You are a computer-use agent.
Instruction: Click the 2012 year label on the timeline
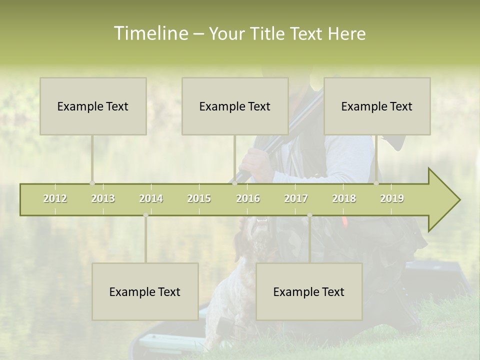tap(55, 198)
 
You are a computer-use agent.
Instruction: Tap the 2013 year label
tap(103, 198)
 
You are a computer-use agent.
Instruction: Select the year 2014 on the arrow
tap(151, 198)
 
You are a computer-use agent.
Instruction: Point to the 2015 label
tap(199, 198)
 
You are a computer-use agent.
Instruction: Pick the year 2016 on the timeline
tap(248, 198)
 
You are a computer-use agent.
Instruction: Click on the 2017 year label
tap(296, 198)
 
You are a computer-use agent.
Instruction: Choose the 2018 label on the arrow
tap(344, 198)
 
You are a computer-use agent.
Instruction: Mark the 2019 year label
tap(392, 198)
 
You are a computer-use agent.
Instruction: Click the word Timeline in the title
tap(150, 33)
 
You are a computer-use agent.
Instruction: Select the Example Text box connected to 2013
tap(93, 106)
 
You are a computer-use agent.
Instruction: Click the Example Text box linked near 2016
tap(235, 106)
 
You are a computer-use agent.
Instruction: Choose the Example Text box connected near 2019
tap(377, 106)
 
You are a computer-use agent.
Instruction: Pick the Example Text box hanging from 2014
tap(145, 291)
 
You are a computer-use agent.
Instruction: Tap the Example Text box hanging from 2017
tap(309, 291)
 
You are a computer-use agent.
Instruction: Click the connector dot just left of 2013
tap(92, 183)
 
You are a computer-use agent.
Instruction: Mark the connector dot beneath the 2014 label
tap(145, 215)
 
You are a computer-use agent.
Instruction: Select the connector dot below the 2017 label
tap(309, 215)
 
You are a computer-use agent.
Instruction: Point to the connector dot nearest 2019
tap(376, 183)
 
